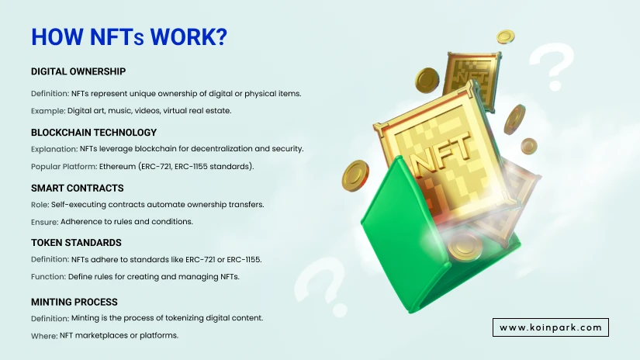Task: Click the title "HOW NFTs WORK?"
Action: [129, 36]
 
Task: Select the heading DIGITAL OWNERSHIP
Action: [78, 71]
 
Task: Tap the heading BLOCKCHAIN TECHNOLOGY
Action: [94, 132]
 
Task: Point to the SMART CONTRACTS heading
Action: [77, 189]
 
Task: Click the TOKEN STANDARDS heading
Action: [76, 242]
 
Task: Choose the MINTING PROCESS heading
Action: [74, 302]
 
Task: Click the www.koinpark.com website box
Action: [551, 327]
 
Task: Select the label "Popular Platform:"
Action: [64, 167]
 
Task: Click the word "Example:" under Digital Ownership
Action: [48, 111]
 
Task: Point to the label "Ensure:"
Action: [45, 222]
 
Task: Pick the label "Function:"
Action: [49, 277]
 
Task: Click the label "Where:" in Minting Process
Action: [44, 336]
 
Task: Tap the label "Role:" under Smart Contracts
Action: [40, 205]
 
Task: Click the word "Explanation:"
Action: [54, 149]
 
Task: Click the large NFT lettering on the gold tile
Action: [440, 153]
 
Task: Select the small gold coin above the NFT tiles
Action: [505, 36]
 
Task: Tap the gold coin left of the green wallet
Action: [355, 175]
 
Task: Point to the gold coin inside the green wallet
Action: [464, 245]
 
